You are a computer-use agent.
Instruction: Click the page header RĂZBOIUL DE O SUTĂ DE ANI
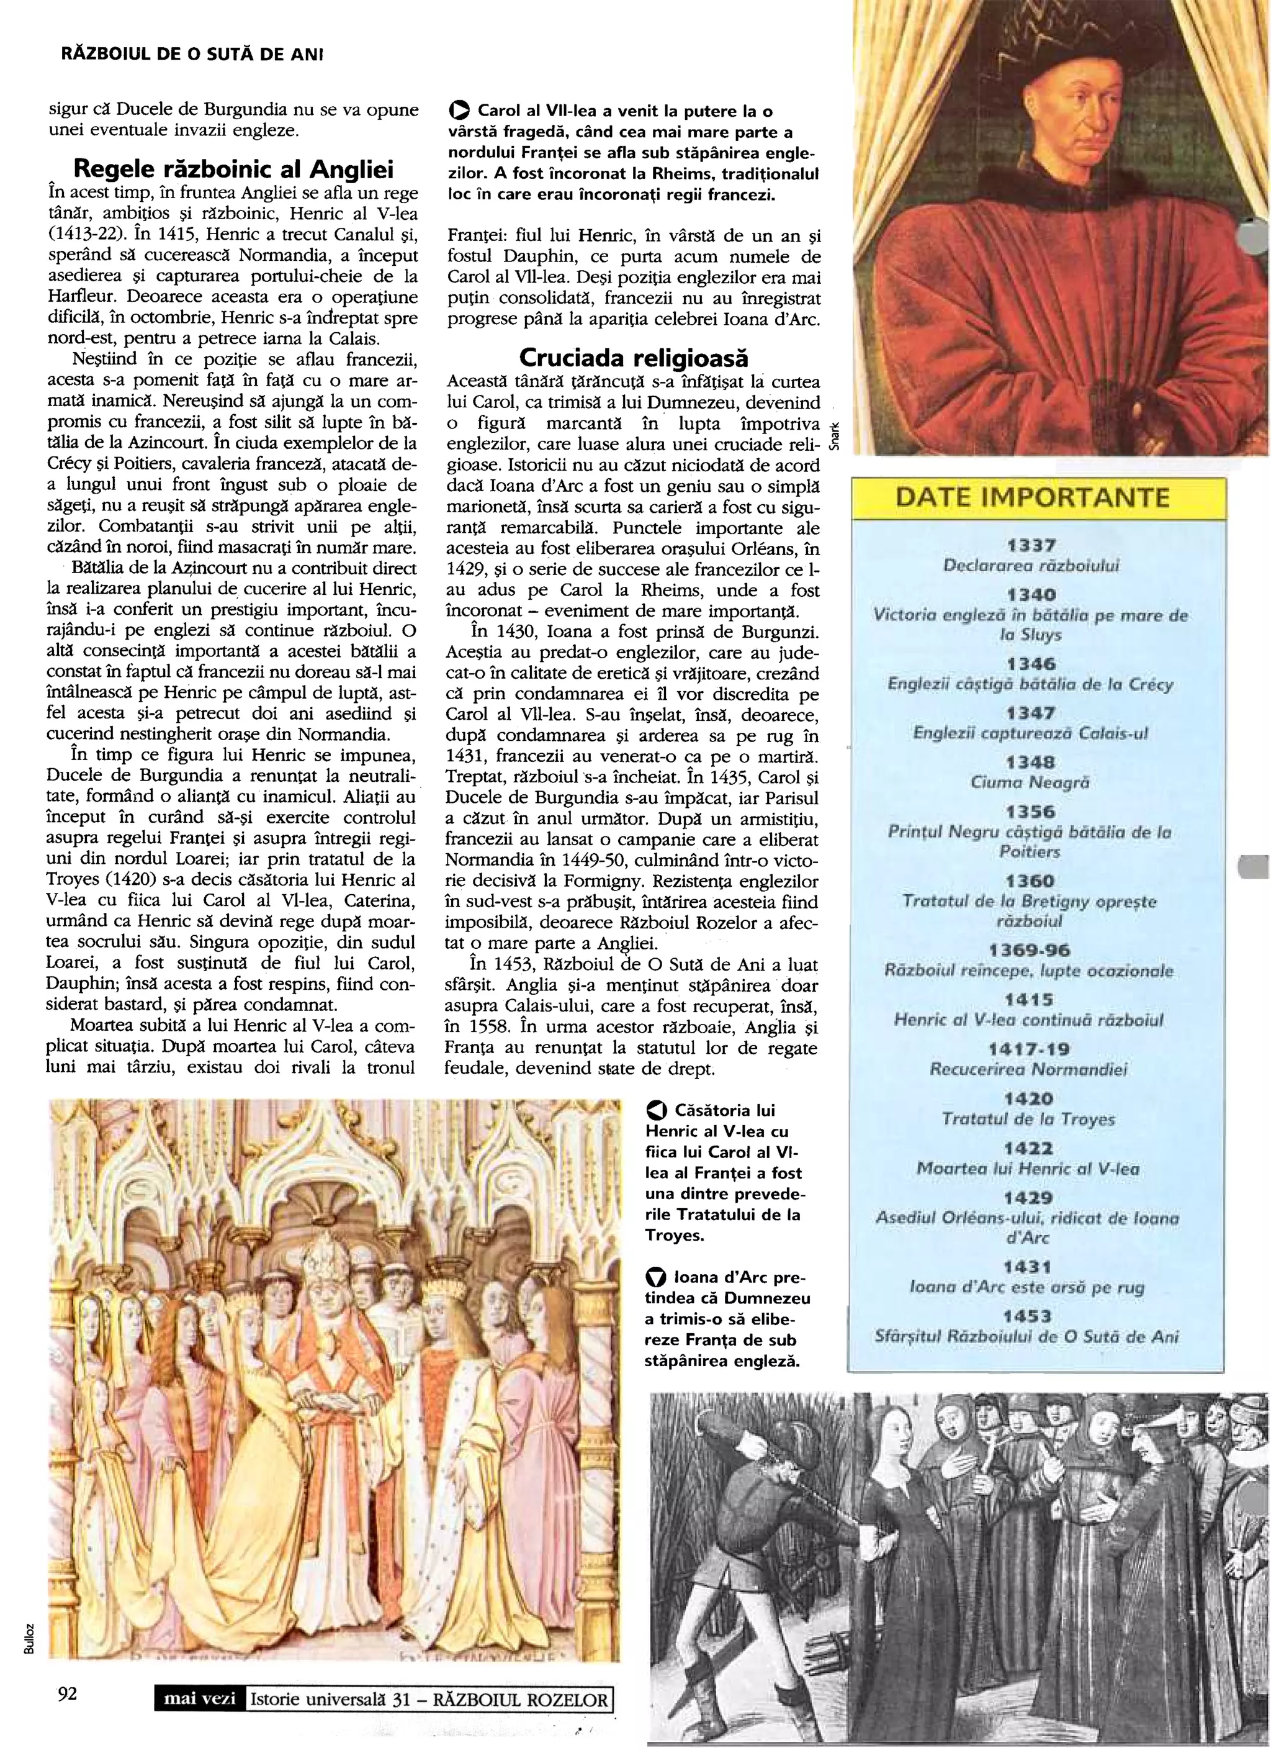point(191,55)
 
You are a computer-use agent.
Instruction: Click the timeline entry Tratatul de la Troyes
point(1028,1118)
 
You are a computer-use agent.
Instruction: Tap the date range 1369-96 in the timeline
point(1030,949)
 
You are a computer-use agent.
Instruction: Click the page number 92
point(68,1694)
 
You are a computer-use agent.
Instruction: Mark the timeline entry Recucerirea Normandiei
point(1028,1069)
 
